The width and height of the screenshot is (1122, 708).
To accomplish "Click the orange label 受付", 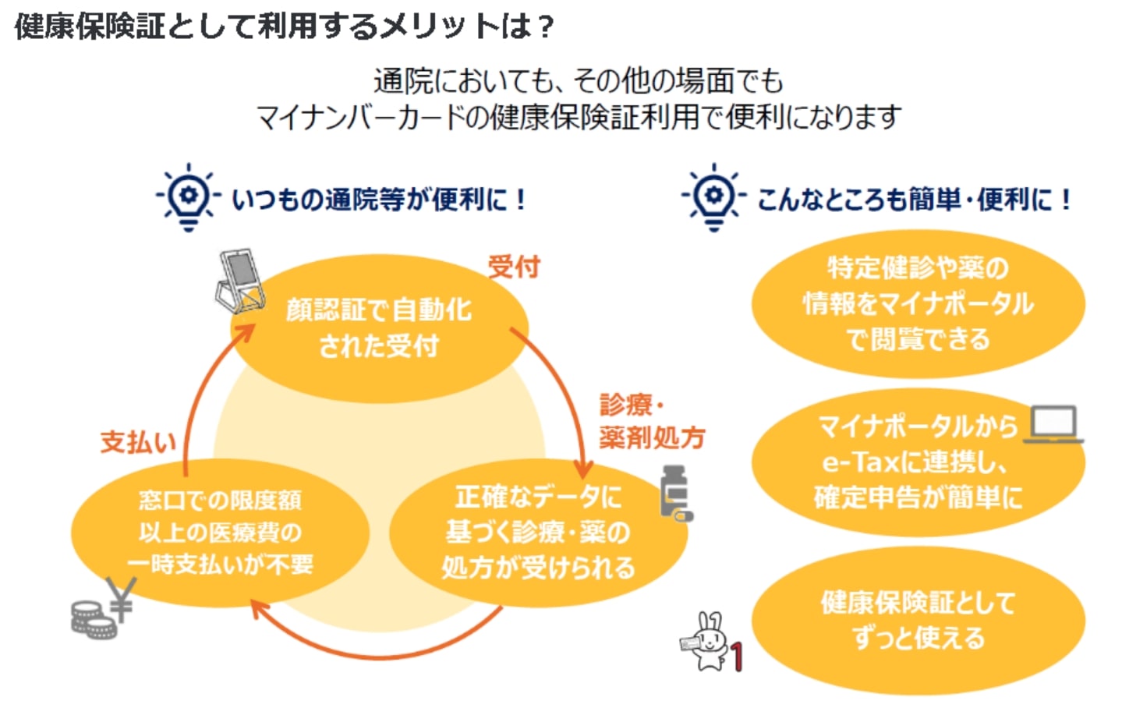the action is (513, 267).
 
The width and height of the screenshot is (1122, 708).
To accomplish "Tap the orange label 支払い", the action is (138, 442).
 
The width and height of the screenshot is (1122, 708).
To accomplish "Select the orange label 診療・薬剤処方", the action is (651, 422).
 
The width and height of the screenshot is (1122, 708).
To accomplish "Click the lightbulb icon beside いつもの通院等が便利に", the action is (187, 196).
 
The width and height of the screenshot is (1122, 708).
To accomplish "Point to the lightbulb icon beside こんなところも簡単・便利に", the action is (713, 196).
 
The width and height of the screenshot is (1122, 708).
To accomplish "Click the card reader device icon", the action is (239, 280).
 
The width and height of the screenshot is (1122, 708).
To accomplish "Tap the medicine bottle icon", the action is (675, 492).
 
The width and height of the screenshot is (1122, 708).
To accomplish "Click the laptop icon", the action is (1054, 425).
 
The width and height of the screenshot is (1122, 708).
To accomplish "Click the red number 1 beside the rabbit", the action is (737, 657).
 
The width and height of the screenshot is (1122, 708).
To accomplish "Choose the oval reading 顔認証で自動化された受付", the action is (380, 328).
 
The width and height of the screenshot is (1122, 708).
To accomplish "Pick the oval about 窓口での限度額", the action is (220, 533).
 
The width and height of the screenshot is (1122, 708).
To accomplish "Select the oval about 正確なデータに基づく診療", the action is (538, 533).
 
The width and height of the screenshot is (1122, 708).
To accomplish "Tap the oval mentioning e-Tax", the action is (918, 462).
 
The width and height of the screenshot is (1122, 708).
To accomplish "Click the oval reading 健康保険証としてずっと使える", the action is (918, 621).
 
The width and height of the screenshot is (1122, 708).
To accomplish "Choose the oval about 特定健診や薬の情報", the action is (918, 303).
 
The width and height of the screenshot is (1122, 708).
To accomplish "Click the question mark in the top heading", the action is (545, 27).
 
